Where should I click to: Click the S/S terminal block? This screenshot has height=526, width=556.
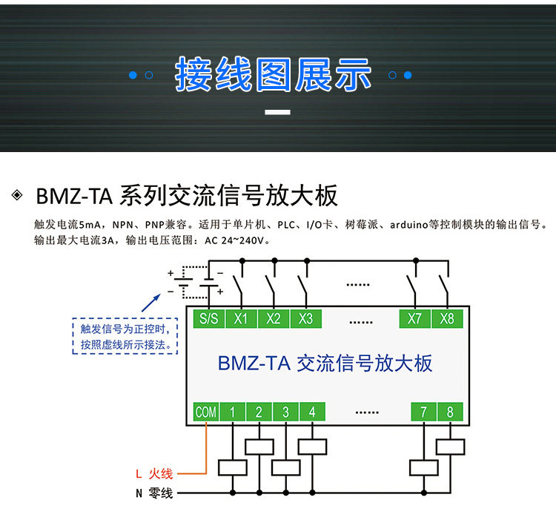209,318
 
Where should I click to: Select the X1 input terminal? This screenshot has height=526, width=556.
241,318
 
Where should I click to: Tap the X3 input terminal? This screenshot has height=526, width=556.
306,318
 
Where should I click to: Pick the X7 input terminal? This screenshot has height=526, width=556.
415,318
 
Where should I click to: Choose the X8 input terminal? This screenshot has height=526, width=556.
447,318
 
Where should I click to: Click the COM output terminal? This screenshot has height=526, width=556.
206,412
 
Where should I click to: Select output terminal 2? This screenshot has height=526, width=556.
259,412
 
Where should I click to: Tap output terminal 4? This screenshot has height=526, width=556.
312,412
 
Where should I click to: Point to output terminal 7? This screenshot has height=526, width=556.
424,412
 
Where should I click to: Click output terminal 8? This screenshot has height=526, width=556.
450,412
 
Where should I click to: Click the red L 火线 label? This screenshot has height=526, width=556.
154,473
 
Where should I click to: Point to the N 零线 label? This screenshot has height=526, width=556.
154,493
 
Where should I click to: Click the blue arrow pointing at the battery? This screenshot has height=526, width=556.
151,303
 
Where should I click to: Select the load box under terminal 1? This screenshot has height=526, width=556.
233,468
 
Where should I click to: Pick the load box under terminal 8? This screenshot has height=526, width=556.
450,447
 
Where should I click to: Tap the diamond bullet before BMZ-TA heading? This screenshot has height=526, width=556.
17,195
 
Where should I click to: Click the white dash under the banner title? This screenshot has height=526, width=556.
277,112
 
